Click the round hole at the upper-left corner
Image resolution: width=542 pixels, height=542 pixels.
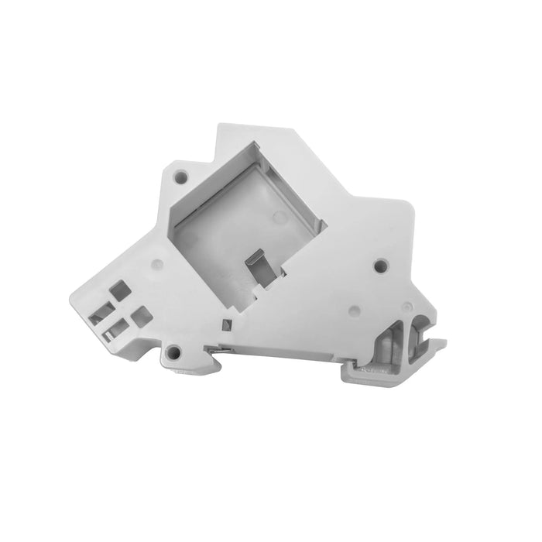(180, 176)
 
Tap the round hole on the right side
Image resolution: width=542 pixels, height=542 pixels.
(379, 266)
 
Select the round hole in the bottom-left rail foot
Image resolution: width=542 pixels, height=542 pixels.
(173, 354)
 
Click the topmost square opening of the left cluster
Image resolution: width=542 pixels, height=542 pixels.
(120, 290)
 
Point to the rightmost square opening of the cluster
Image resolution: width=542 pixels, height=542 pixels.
(141, 315)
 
